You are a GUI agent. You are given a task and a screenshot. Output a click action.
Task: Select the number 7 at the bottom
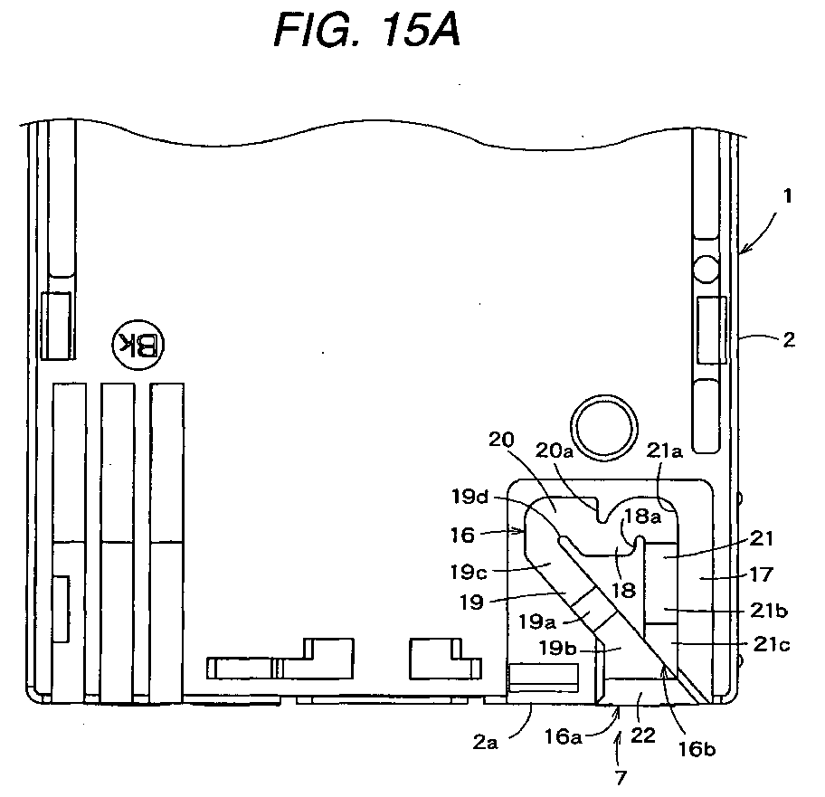[x=621, y=777]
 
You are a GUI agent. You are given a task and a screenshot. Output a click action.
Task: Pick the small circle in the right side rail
[x=706, y=269]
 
